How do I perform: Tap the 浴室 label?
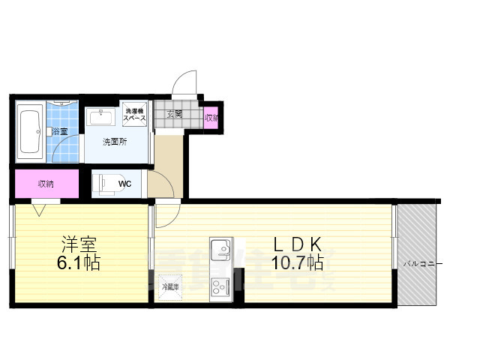pyautogui.click(x=59, y=132)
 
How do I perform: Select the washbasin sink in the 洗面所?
pyautogui.click(x=100, y=118)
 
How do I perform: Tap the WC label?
pyautogui.click(x=125, y=182)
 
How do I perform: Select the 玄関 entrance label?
pyautogui.click(x=174, y=115)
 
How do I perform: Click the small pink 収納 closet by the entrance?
pyautogui.click(x=212, y=117)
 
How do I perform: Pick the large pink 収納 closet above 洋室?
pyautogui.click(x=46, y=183)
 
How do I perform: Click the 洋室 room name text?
pyautogui.click(x=79, y=244)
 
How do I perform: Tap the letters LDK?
pyautogui.click(x=297, y=244)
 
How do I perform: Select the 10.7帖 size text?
pyautogui.click(x=298, y=264)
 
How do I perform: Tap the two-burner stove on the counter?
pyautogui.click(x=221, y=286)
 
